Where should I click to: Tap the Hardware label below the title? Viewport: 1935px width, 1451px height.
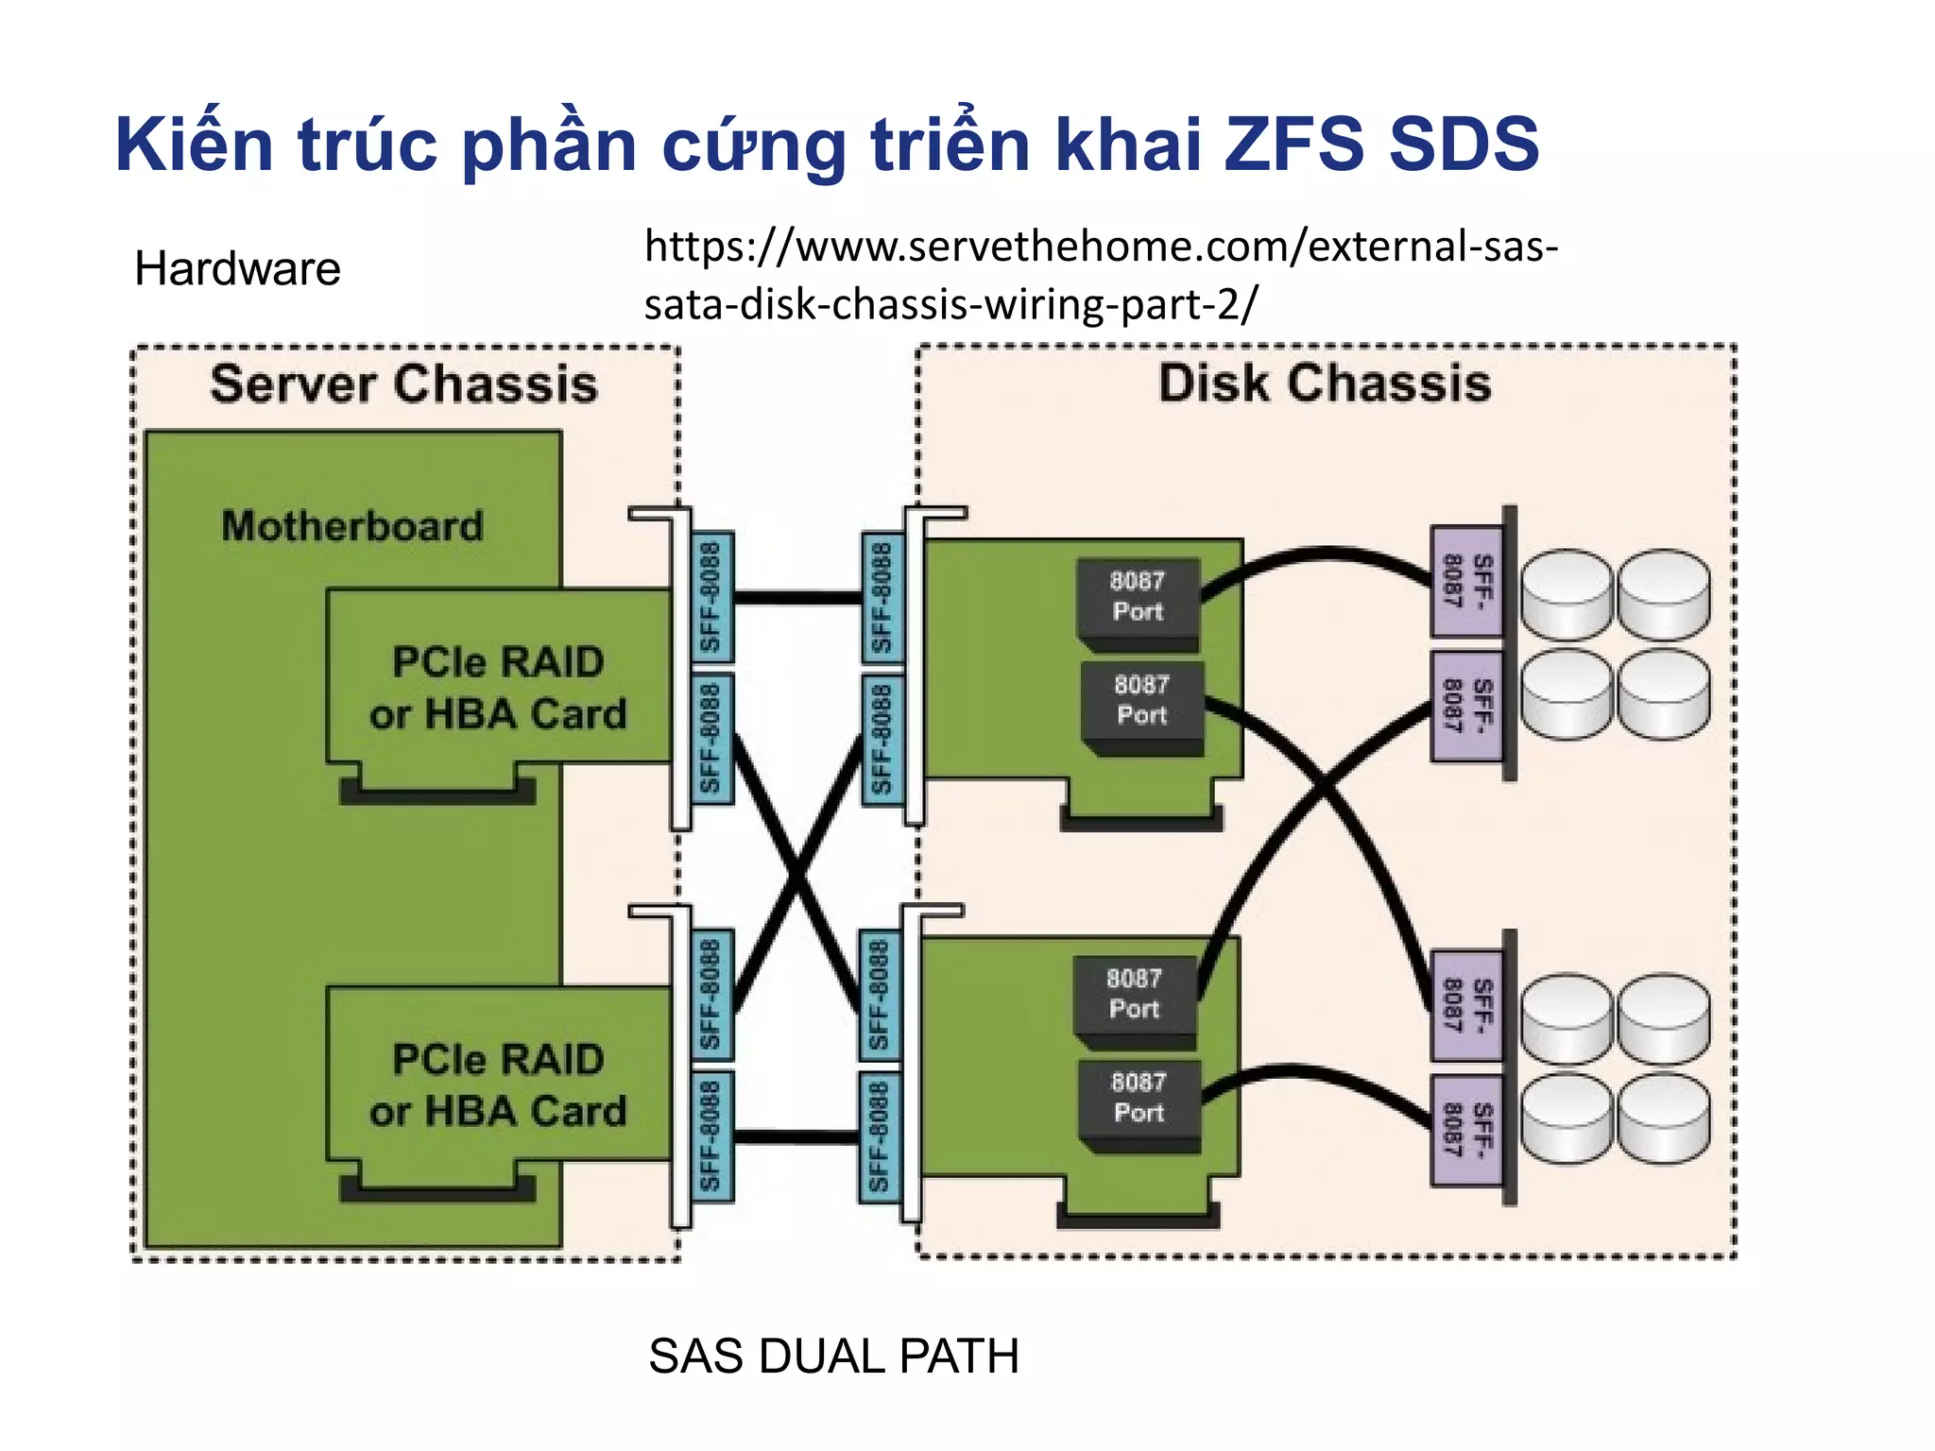point(237,268)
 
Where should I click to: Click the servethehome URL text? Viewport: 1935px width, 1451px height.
point(1101,275)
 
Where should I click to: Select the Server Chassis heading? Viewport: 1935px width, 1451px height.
point(403,384)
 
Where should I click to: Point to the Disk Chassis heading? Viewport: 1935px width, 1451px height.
point(1325,384)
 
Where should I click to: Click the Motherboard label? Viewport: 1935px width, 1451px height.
point(352,526)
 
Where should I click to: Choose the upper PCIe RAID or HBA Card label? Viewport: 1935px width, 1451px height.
point(498,688)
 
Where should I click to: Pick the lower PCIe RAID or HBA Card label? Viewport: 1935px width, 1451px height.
point(498,1085)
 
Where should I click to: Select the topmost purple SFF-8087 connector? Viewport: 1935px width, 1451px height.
point(1466,581)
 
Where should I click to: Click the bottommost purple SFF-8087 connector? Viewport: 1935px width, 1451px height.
point(1466,1130)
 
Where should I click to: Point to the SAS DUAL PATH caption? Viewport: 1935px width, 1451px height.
point(833,1357)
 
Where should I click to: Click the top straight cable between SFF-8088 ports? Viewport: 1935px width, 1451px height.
point(797,597)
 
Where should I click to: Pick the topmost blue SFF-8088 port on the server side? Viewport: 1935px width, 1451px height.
point(711,597)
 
